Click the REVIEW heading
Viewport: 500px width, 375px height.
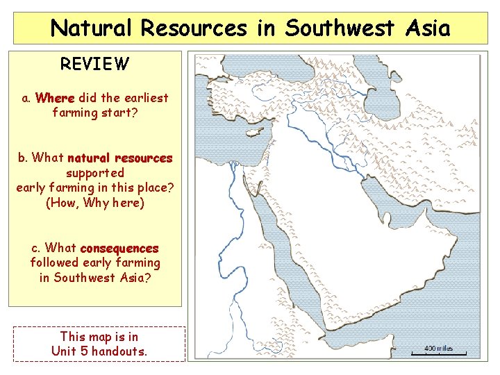(94, 65)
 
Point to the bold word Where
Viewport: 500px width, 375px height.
(55, 98)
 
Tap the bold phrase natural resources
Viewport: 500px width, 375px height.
(120, 158)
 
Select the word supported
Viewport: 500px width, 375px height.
(95, 172)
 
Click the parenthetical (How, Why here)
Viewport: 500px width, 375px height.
(94, 203)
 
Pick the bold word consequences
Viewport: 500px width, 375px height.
(119, 248)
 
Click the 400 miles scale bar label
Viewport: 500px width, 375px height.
(439, 348)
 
